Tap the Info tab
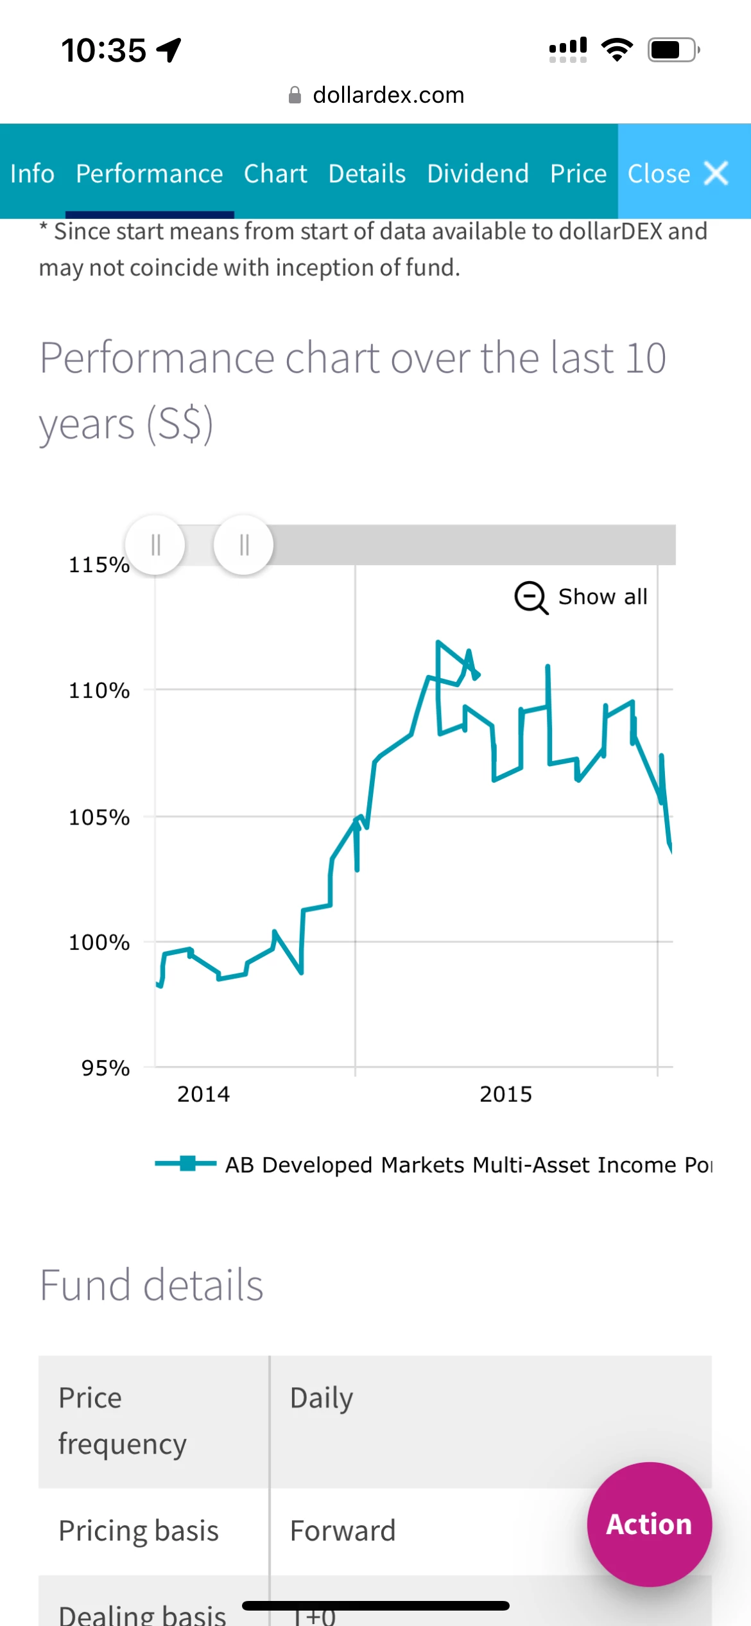tap(32, 173)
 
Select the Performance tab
tap(149, 173)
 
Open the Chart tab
tap(275, 173)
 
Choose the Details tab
tap(367, 173)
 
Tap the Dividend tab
tap(478, 173)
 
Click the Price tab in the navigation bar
tap(578, 173)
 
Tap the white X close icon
tap(716, 173)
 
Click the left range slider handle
tap(155, 545)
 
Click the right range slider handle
tap(243, 545)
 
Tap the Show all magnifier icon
tap(531, 598)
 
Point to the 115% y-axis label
tap(99, 565)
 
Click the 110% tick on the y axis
tap(99, 691)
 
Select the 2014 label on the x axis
tap(203, 1094)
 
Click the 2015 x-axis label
tap(506, 1094)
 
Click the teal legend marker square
tap(187, 1163)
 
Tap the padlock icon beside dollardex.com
tap(295, 95)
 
